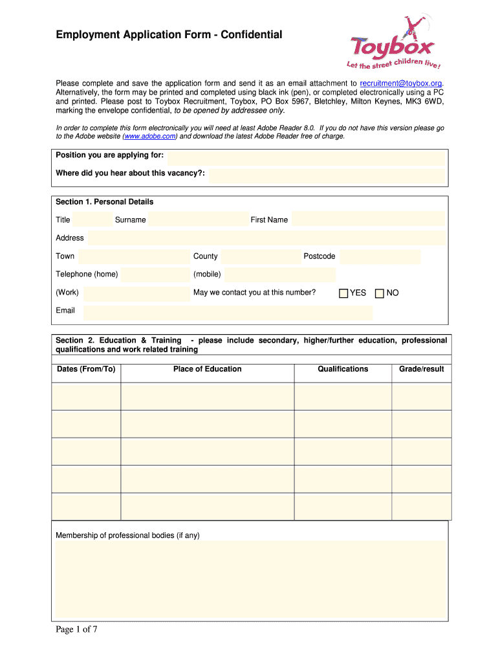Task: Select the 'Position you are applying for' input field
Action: [306, 157]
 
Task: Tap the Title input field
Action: [92, 219]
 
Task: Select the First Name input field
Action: [367, 219]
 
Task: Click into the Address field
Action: [266, 238]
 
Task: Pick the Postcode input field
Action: [380, 256]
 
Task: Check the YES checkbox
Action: [343, 293]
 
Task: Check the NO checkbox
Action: [380, 293]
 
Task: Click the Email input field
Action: [228, 312]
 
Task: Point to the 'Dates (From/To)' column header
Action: [85, 369]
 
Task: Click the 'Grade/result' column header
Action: [421, 369]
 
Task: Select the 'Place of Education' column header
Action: [207, 369]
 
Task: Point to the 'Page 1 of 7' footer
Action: [76, 630]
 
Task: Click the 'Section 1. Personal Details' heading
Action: [104, 202]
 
